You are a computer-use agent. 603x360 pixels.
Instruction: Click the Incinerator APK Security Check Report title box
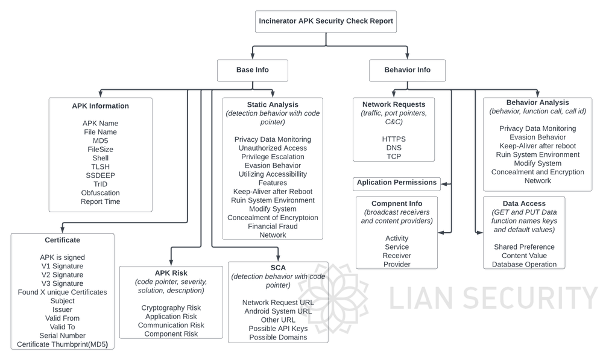tap(326, 21)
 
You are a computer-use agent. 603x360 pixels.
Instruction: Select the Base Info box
tap(252, 70)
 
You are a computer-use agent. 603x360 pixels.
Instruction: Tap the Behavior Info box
tap(407, 70)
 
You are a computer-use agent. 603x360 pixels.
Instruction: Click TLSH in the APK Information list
tap(100, 166)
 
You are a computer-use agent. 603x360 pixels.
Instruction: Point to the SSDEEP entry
tap(100, 175)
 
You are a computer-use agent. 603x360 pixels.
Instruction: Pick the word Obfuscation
tap(100, 193)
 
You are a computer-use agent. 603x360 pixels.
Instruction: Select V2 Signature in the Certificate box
tap(62, 274)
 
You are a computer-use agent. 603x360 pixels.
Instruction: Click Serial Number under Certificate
tap(62, 335)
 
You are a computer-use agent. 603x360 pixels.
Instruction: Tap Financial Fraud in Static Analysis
tap(273, 226)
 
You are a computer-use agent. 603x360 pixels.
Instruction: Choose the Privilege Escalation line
tap(273, 157)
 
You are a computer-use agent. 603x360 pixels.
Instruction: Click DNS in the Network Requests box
tap(394, 148)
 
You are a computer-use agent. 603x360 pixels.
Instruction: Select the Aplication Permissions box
tap(397, 183)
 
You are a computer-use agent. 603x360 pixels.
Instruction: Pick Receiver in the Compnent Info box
tap(397, 256)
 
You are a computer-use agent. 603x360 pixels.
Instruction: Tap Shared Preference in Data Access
tap(524, 247)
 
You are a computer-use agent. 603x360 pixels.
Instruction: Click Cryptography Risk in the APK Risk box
tap(171, 308)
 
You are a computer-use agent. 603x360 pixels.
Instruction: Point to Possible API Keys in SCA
tap(278, 329)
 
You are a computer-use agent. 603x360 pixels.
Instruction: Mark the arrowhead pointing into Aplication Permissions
tap(443, 184)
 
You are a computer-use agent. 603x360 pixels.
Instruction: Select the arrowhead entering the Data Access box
tap(480, 233)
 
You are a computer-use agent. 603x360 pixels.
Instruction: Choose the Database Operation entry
tap(524, 264)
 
